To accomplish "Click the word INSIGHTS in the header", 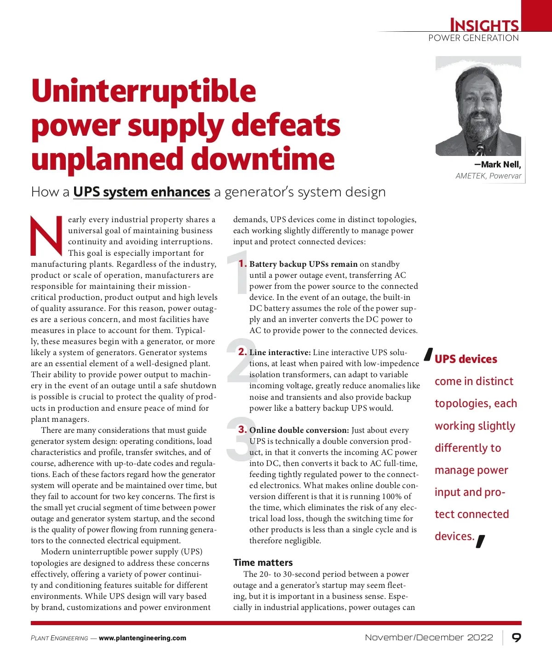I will coord(484,25).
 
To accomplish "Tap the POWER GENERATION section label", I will coord(473,38).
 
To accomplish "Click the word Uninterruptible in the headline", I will coord(144,91).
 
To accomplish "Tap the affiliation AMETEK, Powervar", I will coord(488,176).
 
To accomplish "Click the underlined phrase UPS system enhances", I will coord(142,192).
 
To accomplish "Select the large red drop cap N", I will coord(46,236).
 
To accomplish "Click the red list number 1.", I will coord(242,264).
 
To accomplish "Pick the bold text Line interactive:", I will coord(280,352).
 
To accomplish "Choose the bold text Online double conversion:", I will coord(299,430).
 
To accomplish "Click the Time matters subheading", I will coord(263,562).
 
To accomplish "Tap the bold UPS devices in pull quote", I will coord(466,359).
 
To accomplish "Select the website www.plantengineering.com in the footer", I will coord(143,638).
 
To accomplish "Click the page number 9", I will coord(517,638).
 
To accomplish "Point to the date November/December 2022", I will coord(429,638).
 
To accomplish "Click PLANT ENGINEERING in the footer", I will coord(59,638).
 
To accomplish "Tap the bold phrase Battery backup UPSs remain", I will coord(303,264).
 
